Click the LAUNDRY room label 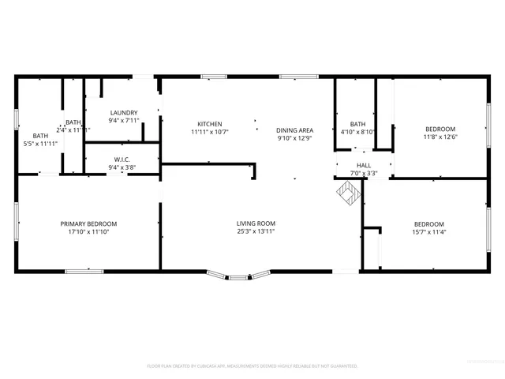tap(124, 113)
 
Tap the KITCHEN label tap(209, 124)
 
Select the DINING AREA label tap(294, 130)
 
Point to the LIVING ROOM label tap(256, 223)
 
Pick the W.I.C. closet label tap(122, 159)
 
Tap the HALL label tap(364, 164)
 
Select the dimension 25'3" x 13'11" tap(256, 232)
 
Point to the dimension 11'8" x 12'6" tap(440, 138)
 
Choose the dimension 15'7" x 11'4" tap(429, 232)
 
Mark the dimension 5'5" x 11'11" tap(40, 144)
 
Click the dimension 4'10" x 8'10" tap(357, 133)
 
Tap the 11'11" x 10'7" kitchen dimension tap(209, 133)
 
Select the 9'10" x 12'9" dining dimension tap(294, 139)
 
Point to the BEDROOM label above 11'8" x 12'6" tap(440, 129)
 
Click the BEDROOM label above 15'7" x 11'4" tap(429, 223)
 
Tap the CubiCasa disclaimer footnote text tap(252, 366)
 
